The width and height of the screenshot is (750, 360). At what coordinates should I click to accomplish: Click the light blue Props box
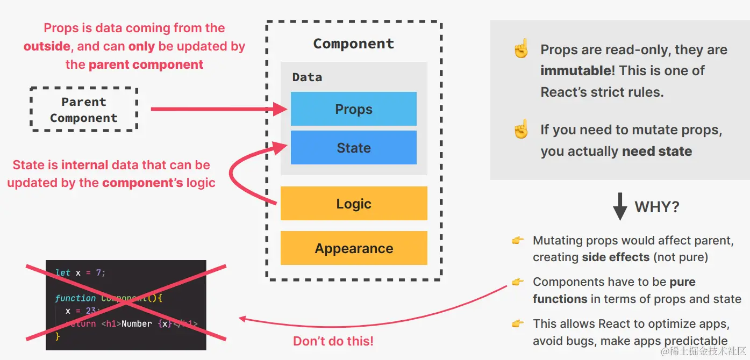coord(353,109)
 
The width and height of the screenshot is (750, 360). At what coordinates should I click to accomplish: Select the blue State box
coord(353,148)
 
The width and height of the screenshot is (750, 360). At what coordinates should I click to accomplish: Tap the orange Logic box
coord(353,204)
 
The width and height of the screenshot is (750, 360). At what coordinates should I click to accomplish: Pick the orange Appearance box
coord(353,248)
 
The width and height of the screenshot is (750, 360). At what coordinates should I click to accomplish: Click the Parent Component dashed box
coord(83,110)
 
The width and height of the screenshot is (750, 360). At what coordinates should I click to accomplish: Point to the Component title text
coord(353,44)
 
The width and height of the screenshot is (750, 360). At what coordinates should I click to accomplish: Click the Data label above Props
coord(307,77)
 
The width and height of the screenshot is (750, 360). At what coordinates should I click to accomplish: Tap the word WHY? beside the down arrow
coord(657,207)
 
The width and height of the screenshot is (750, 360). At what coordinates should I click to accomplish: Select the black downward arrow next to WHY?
coord(620,206)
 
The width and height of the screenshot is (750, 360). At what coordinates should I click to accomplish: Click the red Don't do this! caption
coord(333,341)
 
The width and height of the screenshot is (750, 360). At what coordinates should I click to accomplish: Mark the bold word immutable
coord(575,71)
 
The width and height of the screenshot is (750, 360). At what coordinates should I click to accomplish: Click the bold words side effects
coord(616,257)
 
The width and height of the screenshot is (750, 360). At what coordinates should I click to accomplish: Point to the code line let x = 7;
coord(81,272)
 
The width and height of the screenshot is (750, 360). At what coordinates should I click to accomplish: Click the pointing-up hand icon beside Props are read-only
coord(520,49)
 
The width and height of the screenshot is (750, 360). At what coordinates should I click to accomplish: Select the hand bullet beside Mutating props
coord(518,241)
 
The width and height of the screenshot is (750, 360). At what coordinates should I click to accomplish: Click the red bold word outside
coord(47,46)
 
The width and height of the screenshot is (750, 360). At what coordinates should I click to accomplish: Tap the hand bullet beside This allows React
coord(518,323)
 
